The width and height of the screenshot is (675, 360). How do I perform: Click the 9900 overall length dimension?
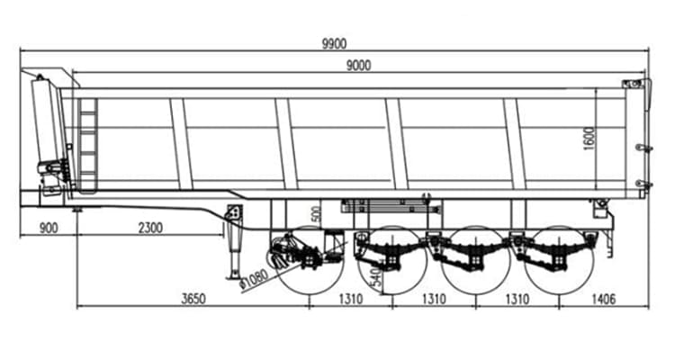[x=335, y=43]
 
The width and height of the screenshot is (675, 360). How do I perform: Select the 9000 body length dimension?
[x=359, y=64]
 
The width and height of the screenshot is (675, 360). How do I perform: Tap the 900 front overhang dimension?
[x=49, y=228]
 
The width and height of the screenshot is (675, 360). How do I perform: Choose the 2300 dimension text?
[x=148, y=228]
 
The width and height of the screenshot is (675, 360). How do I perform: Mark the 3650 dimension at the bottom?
[x=193, y=298]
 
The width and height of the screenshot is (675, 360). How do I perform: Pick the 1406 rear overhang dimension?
[x=605, y=298]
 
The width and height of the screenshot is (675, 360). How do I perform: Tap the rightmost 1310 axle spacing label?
[x=517, y=298]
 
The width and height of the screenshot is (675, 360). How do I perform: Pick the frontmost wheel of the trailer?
[x=306, y=261]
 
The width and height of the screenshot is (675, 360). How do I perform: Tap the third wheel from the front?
[x=473, y=261]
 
